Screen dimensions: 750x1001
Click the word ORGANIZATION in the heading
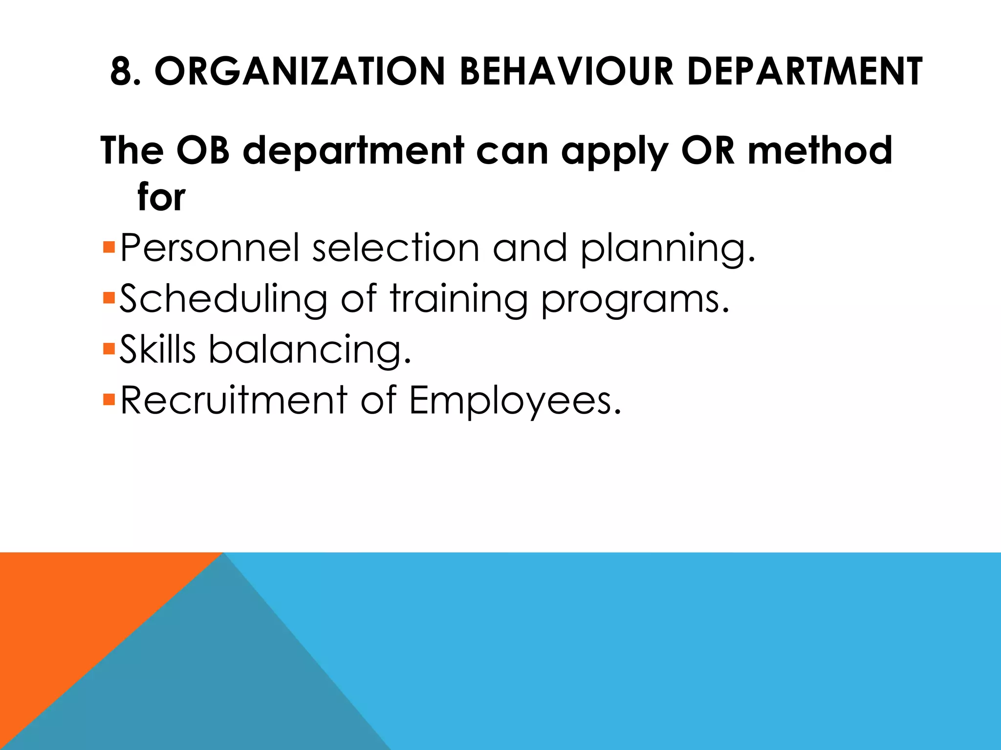(300, 71)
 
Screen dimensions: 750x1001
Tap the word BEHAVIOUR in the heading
(566, 71)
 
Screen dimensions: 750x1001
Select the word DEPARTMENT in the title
(805, 71)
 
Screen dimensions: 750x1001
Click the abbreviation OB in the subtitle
(203, 150)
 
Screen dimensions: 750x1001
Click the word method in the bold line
(820, 150)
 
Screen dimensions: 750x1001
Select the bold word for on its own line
(161, 197)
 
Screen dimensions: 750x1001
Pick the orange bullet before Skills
(109, 349)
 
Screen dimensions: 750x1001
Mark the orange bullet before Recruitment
(109, 399)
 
